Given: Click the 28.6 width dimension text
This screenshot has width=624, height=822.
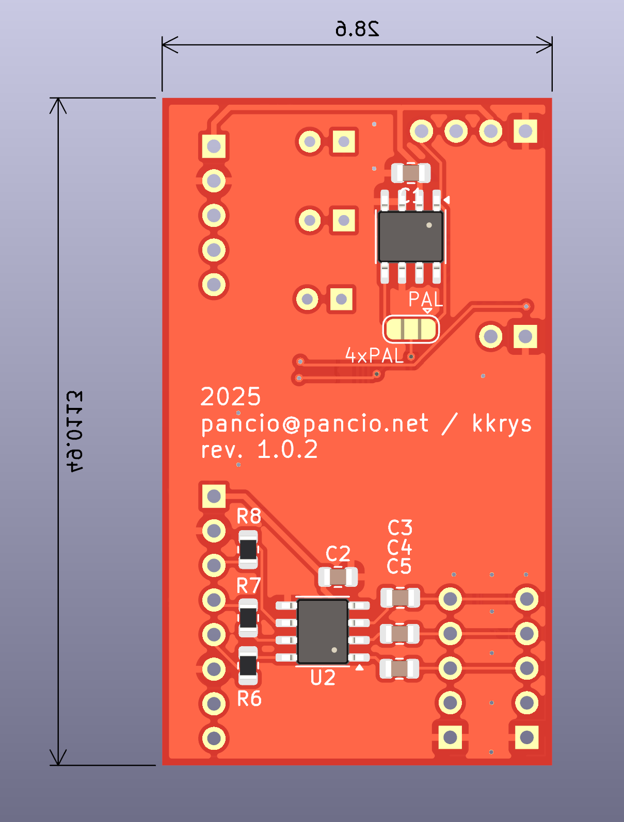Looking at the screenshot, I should tap(357, 29).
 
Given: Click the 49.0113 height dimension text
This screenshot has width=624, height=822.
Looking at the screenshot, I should tap(75, 432).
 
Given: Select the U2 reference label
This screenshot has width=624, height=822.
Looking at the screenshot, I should tap(323, 678).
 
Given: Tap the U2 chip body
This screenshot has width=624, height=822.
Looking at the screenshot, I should tap(323, 631).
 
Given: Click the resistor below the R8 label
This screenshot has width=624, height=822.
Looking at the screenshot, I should tap(248, 550).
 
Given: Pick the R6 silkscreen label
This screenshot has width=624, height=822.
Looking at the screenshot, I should tap(249, 699).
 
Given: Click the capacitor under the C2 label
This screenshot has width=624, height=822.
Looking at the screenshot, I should tap(338, 577).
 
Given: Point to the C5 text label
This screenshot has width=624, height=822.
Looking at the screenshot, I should tap(399, 566).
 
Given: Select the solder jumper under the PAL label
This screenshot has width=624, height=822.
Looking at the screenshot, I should tap(411, 329).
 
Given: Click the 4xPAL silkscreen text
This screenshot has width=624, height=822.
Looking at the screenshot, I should tap(374, 356).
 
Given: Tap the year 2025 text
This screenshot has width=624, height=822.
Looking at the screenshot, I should tap(230, 397).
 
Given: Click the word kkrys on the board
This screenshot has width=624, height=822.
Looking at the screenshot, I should tap(502, 424).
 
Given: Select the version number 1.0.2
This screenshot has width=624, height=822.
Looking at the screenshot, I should tap(287, 450).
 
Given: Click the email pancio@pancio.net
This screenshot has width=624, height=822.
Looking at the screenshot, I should tap(314, 424).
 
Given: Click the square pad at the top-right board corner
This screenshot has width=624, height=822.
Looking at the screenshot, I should tap(525, 131).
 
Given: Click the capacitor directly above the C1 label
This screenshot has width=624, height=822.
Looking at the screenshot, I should tap(411, 173).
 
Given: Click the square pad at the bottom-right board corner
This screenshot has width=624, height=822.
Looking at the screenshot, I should tap(526, 737).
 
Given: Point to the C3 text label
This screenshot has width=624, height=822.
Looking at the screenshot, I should tap(400, 528).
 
